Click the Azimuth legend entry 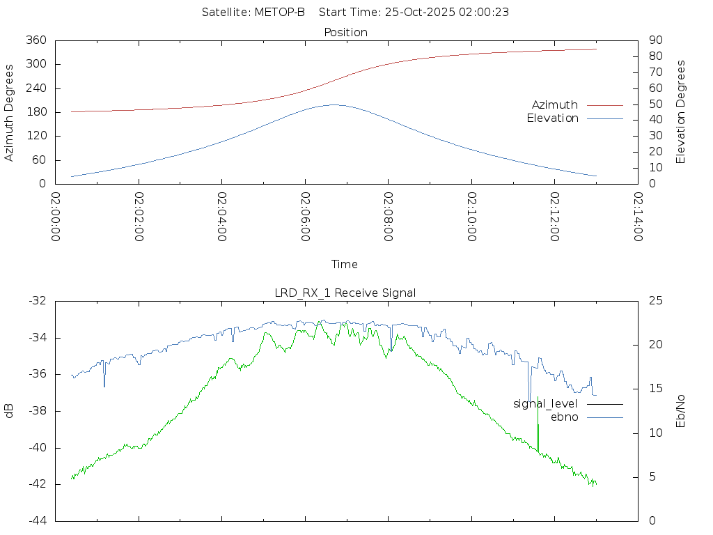tap(555, 105)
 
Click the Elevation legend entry tap(553, 118)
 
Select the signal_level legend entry tap(545, 404)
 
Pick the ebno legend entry tap(565, 417)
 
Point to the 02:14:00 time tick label tap(638, 217)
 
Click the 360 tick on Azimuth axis tap(35, 40)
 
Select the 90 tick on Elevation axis tap(655, 40)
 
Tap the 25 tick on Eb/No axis tap(655, 301)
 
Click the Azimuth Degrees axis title tap(9, 113)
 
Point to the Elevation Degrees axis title tap(682, 112)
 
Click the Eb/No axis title tap(682, 411)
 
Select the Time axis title tap(345, 265)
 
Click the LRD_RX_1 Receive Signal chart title tap(345, 293)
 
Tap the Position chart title tap(346, 33)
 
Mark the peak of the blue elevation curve tap(334, 104)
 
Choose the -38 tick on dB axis tap(36, 411)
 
